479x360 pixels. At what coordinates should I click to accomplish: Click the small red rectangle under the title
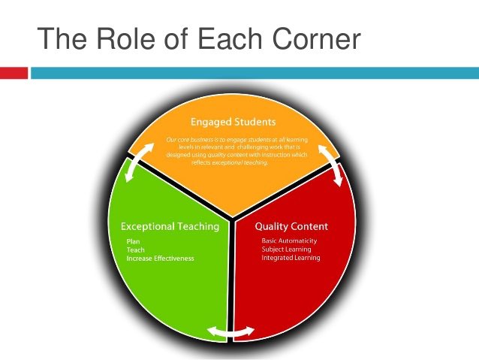(14, 73)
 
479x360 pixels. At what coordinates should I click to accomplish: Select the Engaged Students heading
(233, 121)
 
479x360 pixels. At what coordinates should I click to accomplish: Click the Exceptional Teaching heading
(170, 226)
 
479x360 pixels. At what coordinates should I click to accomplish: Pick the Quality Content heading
(291, 226)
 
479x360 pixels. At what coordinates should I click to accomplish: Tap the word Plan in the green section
(133, 241)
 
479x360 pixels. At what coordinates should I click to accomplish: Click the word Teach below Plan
(135, 250)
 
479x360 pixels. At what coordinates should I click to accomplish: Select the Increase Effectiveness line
(160, 259)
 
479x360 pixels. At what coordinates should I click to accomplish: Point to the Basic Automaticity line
(289, 241)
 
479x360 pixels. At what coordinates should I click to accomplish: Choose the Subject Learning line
(286, 250)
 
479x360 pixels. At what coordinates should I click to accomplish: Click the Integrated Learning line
(291, 258)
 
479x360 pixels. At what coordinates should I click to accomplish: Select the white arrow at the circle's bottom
(230, 331)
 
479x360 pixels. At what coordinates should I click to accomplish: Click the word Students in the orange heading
(254, 121)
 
